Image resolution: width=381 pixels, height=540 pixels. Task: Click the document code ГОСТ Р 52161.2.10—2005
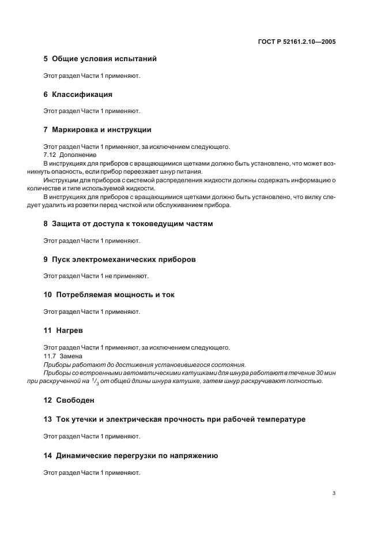297,42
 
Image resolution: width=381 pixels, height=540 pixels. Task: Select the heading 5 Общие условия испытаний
100,59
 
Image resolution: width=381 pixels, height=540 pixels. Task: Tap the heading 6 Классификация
78,94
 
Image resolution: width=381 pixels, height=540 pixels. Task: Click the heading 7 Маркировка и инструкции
97,129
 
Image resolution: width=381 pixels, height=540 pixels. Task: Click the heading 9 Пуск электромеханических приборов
119,259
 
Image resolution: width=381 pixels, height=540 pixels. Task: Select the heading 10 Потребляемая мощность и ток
109,295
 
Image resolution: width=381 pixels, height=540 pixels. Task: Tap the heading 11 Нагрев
61,330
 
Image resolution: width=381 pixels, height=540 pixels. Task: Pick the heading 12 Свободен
69,400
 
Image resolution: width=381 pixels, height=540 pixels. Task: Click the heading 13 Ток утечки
174,419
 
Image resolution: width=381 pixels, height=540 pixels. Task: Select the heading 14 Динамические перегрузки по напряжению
130,455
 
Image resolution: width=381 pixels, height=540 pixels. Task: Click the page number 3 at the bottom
334,493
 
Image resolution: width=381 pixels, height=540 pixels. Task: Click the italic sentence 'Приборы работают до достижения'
145,364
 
